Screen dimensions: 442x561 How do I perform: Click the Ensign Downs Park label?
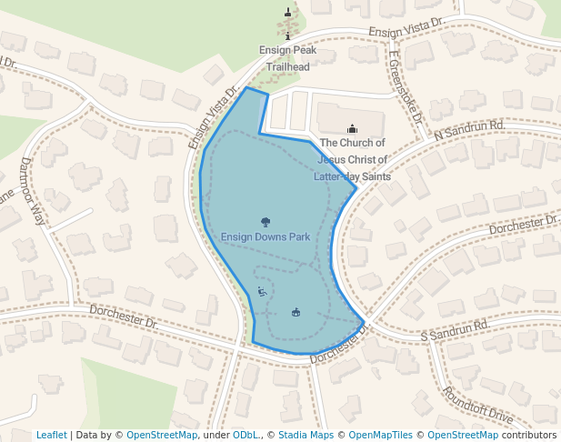pos(265,237)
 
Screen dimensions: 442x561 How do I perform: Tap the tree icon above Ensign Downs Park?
pos(265,221)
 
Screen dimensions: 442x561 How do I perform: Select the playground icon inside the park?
pos(262,292)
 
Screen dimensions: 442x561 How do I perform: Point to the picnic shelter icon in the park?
pos(296,313)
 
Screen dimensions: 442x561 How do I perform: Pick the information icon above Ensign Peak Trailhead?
pos(288,36)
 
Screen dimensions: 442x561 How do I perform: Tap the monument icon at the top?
pos(288,13)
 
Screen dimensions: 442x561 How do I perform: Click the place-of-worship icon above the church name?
pos(353,129)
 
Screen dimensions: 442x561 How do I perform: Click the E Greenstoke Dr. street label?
pos(405,87)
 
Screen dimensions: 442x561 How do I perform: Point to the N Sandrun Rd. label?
pos(469,131)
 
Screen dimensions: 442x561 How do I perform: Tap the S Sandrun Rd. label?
pos(456,331)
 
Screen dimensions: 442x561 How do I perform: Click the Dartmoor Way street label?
pos(32,192)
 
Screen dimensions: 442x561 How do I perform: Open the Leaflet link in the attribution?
pos(51,435)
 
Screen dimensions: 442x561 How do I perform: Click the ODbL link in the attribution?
pos(245,435)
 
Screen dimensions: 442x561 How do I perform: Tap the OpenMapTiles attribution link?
pos(380,435)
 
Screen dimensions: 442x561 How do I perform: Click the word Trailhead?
pos(287,67)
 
